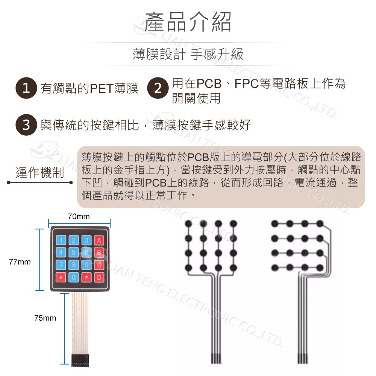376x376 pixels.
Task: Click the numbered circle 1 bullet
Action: coord(26,88)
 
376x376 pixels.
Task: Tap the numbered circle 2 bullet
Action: coord(158,88)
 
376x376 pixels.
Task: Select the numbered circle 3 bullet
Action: coord(26,125)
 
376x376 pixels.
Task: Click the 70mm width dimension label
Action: coord(79,217)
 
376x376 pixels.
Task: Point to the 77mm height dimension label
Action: coord(20,262)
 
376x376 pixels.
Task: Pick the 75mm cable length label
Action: coord(45,318)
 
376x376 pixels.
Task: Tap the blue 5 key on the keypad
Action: coord(74,253)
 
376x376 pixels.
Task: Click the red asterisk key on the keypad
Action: coord(61,277)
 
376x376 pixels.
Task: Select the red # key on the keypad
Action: coord(86,277)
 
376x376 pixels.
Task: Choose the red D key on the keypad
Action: coord(99,277)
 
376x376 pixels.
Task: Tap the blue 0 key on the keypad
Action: coord(74,277)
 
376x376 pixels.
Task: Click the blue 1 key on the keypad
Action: coord(61,240)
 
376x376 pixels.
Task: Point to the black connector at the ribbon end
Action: coord(80,360)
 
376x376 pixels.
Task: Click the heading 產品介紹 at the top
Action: coord(188,22)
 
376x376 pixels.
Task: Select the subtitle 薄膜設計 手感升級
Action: coord(188,54)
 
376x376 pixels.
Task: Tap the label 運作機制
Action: coord(40,173)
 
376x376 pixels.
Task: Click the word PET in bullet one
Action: coord(102,88)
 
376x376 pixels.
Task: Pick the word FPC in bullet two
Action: coord(247,83)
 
